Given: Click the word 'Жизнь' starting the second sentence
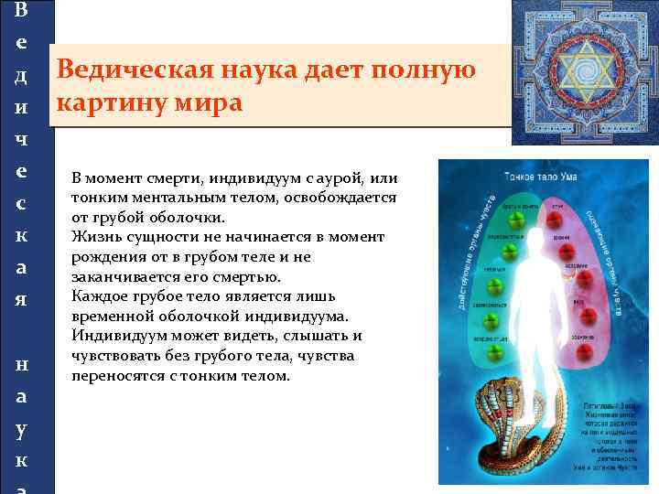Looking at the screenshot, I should [93, 237].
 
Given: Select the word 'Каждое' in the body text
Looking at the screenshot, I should [98, 296].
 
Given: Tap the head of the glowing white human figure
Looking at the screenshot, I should [532, 219].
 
